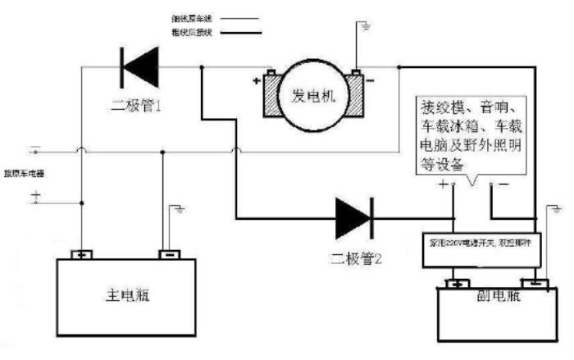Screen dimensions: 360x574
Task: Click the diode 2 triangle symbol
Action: coord(354,217)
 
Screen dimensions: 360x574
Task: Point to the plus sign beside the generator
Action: coord(256,81)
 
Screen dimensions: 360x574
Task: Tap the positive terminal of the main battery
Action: coord(82,254)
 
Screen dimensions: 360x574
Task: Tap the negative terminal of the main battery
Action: coord(169,254)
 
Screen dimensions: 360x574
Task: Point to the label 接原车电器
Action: coord(25,174)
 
